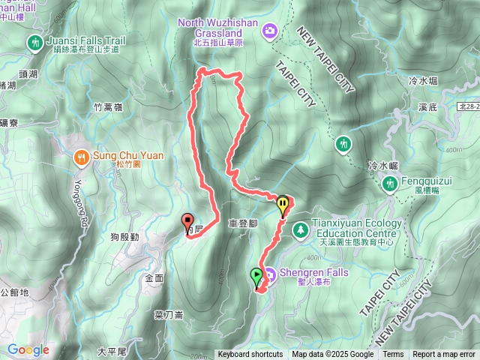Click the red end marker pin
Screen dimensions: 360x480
pos(187,222)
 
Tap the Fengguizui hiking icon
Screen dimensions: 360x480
pos(389,182)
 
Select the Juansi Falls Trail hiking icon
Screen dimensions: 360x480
pos(34,43)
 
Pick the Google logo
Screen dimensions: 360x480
pos(28,349)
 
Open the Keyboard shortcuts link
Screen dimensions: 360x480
pos(250,355)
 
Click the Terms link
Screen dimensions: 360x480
pos(393,355)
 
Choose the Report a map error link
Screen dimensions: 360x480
pos(444,355)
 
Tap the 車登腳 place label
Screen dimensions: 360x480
pos(243,223)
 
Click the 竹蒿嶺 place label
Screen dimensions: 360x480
pos(109,107)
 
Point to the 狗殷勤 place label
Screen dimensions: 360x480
pos(124,237)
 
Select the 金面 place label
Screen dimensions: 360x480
pos(154,277)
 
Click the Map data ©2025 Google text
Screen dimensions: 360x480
pos(333,355)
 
